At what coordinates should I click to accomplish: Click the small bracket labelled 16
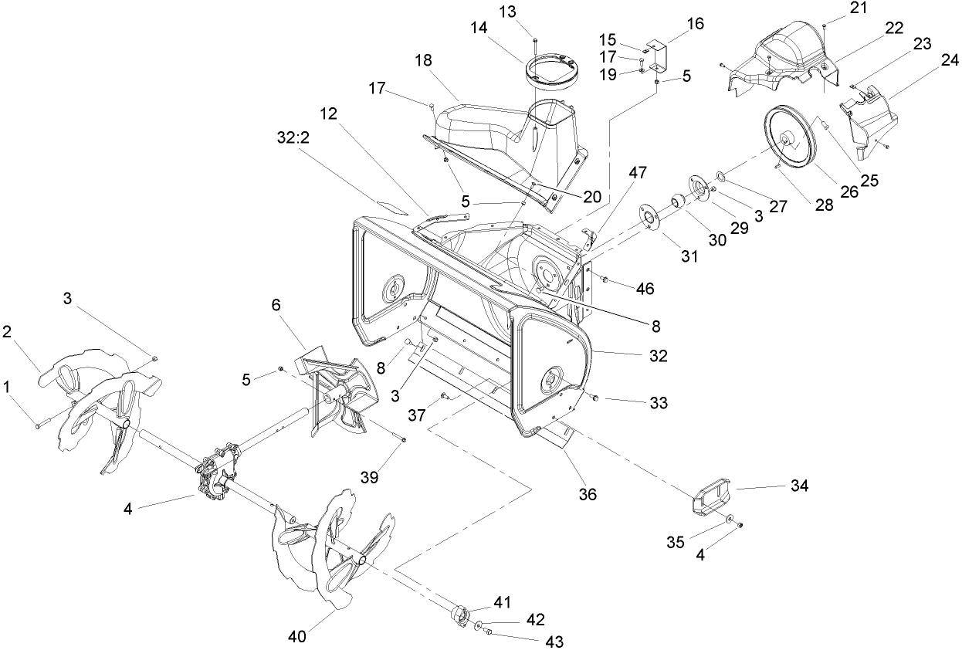point(658,53)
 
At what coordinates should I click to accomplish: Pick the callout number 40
point(297,636)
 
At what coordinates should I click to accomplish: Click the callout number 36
point(588,494)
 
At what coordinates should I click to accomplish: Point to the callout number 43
point(554,642)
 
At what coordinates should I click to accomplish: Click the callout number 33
point(658,402)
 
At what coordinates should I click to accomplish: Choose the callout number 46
point(645,288)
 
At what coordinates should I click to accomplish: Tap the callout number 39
point(369,477)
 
